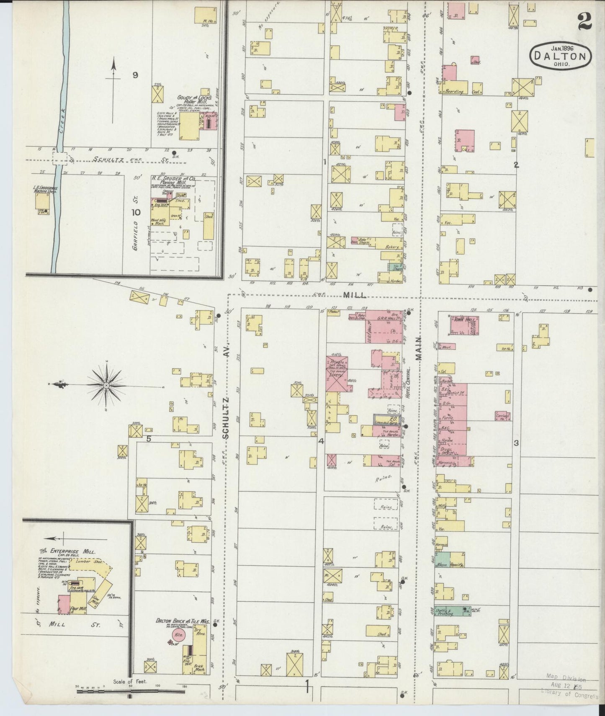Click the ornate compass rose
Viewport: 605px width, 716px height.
[x=106, y=385]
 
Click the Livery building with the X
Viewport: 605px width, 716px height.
[x=337, y=375]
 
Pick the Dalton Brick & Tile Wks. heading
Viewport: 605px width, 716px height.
[x=183, y=622]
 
